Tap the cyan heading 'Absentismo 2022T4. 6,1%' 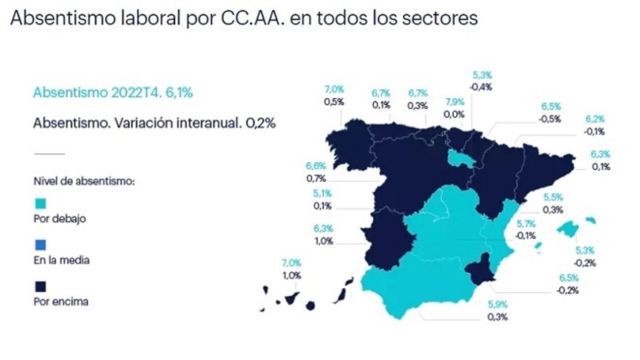point(113,92)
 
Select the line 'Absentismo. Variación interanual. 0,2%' point(154,123)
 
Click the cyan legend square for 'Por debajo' point(40,204)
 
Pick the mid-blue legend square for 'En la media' point(40,245)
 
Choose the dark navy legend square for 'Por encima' point(40,286)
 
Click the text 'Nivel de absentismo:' point(84,181)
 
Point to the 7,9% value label point(455,102)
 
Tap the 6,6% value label point(316,166)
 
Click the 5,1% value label point(322,194)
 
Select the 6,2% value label point(595,119)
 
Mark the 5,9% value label point(498,304)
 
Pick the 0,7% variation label point(316,178)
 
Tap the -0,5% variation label point(550,119)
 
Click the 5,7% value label point(526,224)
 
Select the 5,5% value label point(553,197)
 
